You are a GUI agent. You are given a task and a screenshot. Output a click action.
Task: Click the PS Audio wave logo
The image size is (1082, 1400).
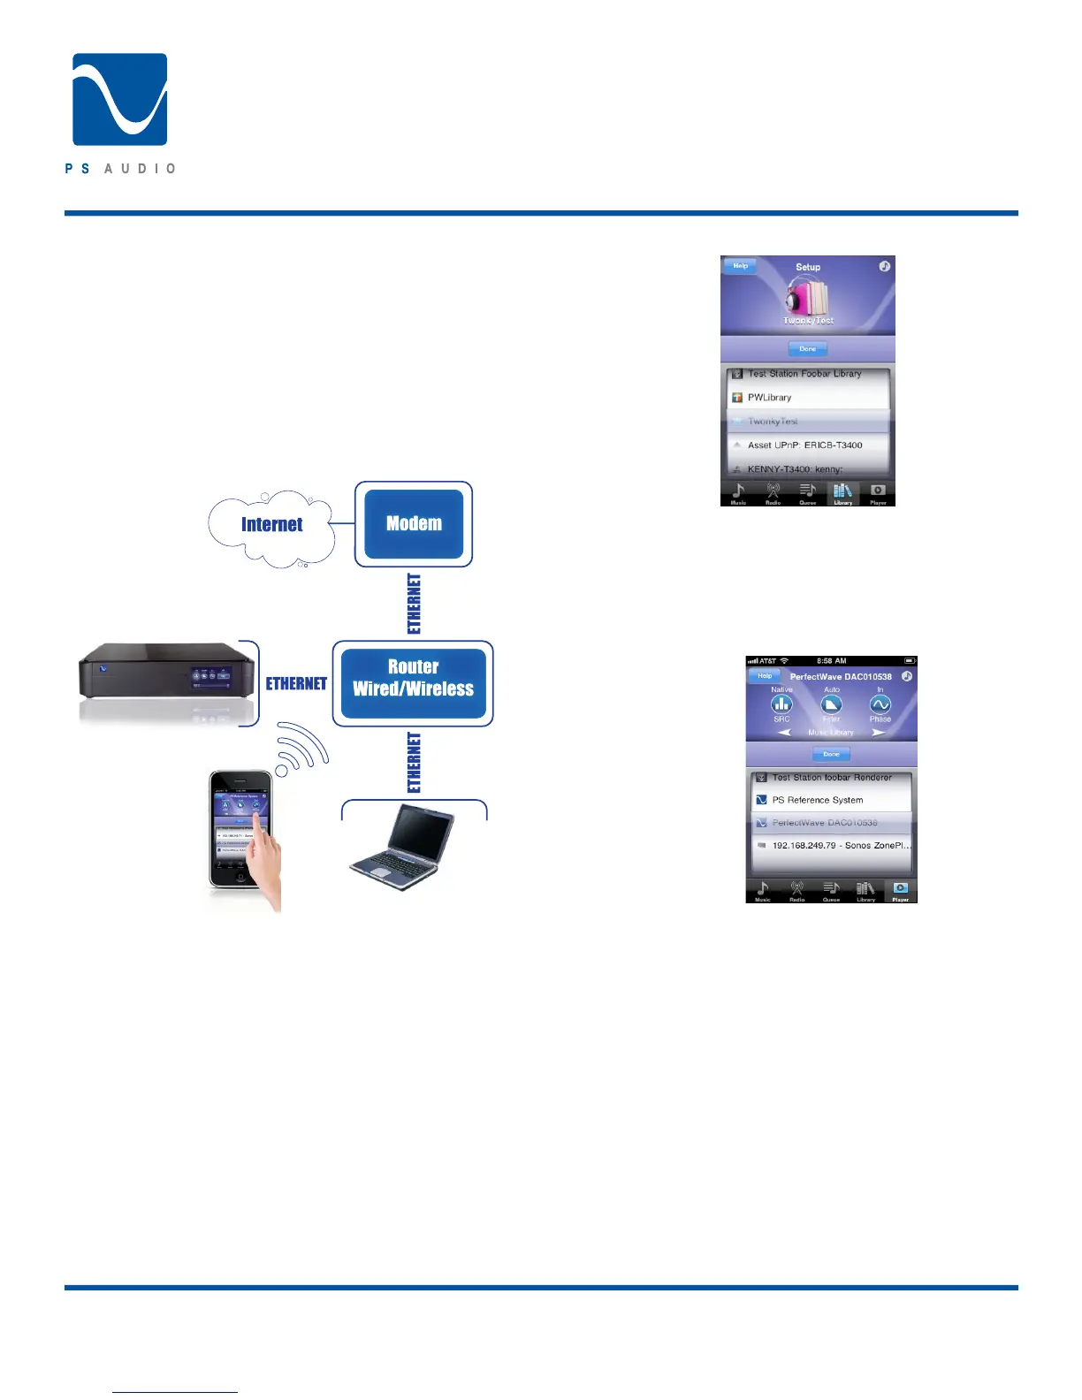coord(119,99)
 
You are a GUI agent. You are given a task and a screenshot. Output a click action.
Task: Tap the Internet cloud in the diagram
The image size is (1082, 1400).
coord(271,525)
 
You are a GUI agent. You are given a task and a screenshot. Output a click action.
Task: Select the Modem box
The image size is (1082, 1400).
coord(414,524)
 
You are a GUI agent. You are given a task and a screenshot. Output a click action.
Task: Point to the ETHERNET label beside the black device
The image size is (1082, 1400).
coord(296,684)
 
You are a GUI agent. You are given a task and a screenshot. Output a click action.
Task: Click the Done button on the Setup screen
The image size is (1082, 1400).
coord(807,349)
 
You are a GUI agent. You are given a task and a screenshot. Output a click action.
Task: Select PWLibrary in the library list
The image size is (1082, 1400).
coord(769,398)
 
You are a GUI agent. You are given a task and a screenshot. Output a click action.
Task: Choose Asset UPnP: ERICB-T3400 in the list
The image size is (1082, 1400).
coord(804,445)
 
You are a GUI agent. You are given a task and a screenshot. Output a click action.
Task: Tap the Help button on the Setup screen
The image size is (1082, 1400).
coord(741,266)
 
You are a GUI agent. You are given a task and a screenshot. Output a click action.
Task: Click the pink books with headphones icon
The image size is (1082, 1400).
coord(806,298)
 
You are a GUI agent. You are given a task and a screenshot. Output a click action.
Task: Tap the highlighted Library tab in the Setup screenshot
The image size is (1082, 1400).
coord(842,493)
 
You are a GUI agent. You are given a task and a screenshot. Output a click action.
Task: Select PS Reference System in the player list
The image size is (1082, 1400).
coord(817,800)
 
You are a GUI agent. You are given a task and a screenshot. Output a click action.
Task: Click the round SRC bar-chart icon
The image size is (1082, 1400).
coord(781,704)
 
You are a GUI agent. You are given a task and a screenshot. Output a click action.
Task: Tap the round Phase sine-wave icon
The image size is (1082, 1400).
coord(880,704)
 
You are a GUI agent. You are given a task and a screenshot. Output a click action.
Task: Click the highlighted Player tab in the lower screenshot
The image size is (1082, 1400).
coord(900,890)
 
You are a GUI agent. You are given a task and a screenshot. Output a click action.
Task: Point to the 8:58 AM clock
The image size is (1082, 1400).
coord(831,661)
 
